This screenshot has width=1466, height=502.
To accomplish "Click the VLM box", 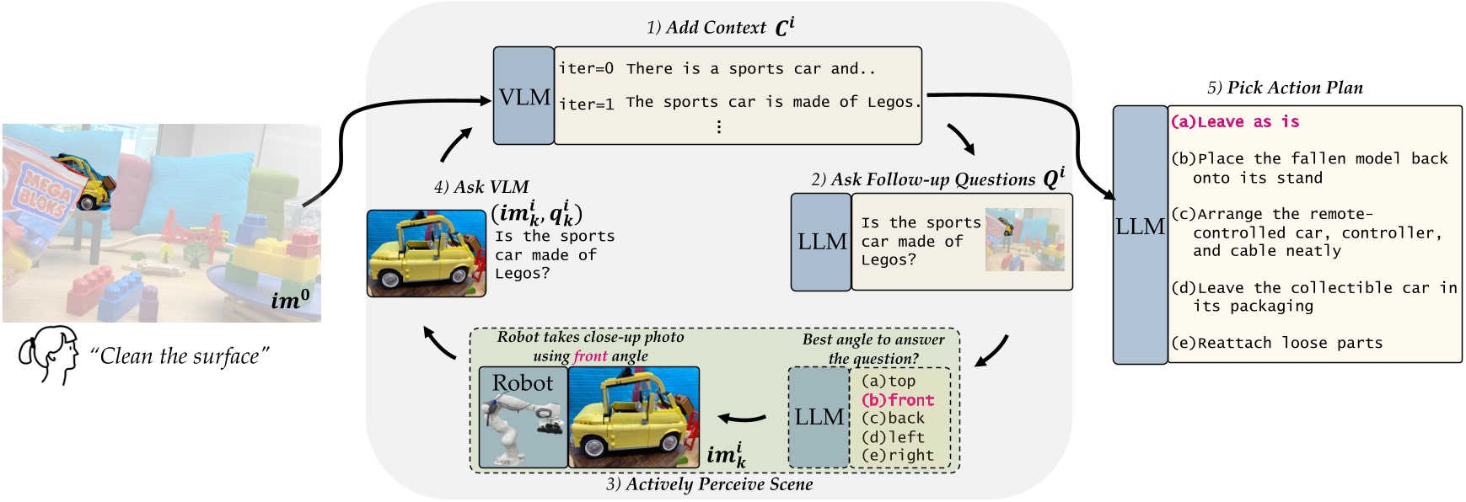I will pyautogui.click(x=524, y=97).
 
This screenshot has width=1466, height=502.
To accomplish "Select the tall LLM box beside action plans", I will pyautogui.click(x=1140, y=234).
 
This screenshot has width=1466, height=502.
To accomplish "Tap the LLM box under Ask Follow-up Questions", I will pyautogui.click(x=821, y=242).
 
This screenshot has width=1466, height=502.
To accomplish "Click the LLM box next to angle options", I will pyautogui.click(x=819, y=417).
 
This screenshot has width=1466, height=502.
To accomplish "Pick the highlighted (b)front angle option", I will pyautogui.click(x=898, y=400).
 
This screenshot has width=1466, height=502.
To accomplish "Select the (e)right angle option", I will pyautogui.click(x=898, y=455).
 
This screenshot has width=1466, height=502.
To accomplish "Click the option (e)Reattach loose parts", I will pyautogui.click(x=1277, y=343).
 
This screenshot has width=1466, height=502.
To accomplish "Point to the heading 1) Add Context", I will pyautogui.click(x=719, y=27).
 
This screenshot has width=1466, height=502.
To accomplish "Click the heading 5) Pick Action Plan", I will pyautogui.click(x=1285, y=88).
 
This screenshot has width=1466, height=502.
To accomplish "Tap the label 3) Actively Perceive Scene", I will pyautogui.click(x=709, y=484).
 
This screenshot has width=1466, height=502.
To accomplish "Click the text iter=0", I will pyautogui.click(x=586, y=68).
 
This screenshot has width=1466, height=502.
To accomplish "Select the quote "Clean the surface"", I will pyautogui.click(x=180, y=356).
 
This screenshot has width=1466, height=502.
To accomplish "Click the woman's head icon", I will pyautogui.click(x=49, y=355).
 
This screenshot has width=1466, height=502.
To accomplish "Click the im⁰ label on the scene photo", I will pyautogui.click(x=291, y=299).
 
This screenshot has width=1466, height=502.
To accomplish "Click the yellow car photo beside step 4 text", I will pyautogui.click(x=426, y=253).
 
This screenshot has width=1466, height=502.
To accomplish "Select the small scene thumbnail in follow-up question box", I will pyautogui.click(x=1024, y=239).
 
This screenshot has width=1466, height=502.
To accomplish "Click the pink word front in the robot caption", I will pyautogui.click(x=590, y=355).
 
